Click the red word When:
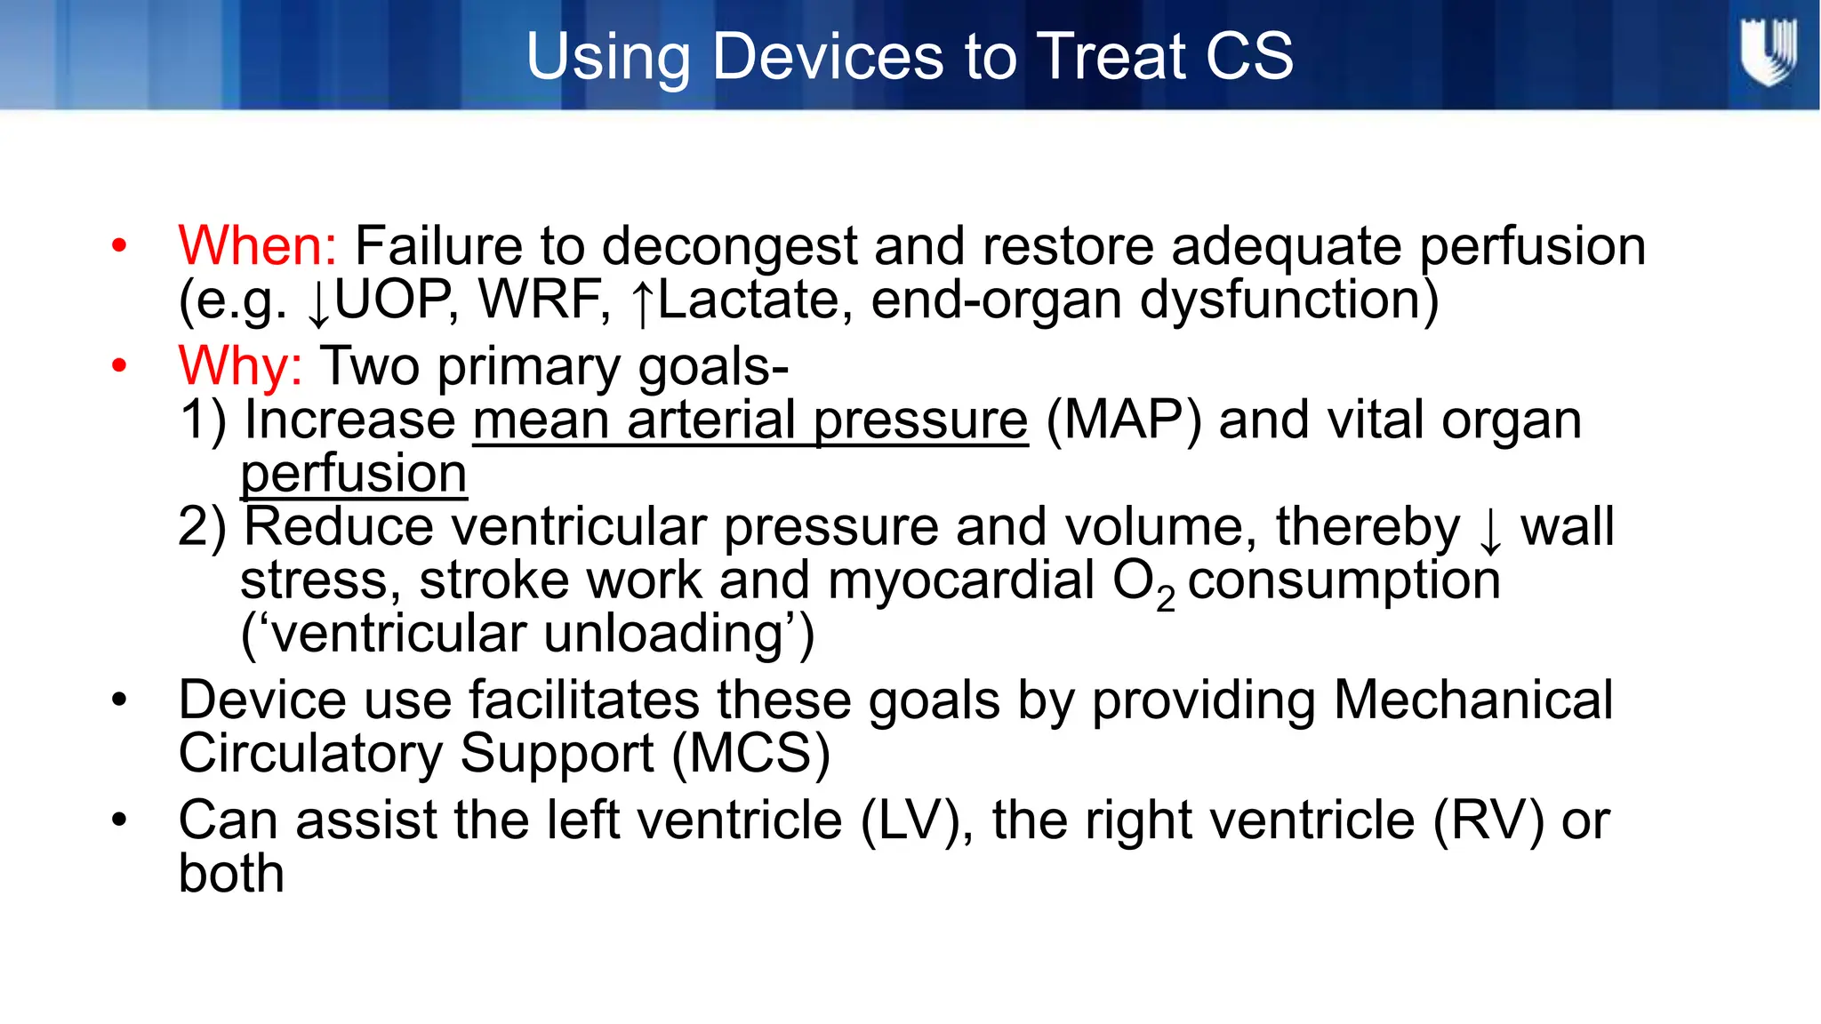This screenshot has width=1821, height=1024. tap(257, 246)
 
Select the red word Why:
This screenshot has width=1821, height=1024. tap(240, 366)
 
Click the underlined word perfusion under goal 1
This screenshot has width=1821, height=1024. tap(353, 474)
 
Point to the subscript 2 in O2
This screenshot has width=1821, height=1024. tap(1166, 599)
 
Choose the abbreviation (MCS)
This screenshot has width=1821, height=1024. tap(750, 754)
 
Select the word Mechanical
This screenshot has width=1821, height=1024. tap(1473, 700)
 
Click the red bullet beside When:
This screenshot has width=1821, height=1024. tap(119, 245)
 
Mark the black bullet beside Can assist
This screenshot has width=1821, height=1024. tap(119, 820)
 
